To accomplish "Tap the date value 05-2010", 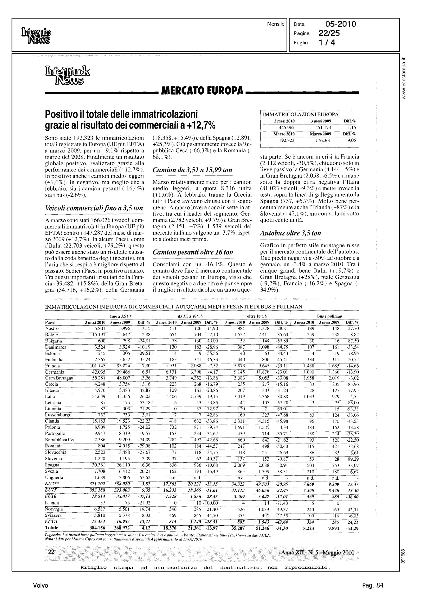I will (x=341, y=24).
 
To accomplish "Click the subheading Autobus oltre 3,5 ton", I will (x=291, y=233).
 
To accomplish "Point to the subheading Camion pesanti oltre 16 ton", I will (x=193, y=252).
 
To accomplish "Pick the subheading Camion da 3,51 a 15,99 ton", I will (x=192, y=170).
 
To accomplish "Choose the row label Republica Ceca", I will (x=61, y=440).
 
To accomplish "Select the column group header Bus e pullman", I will (x=329, y=316).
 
